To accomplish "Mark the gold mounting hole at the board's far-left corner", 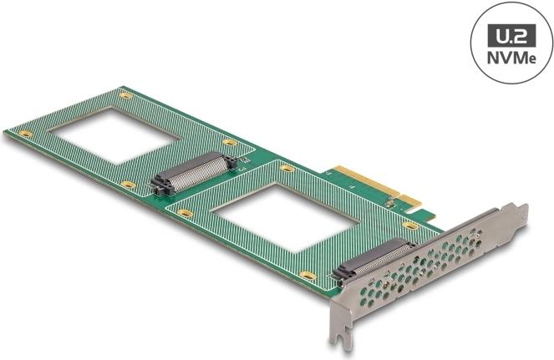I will (x=26, y=133).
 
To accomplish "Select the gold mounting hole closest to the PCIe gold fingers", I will (x=410, y=226).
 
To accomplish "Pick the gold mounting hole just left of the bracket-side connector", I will (x=307, y=276).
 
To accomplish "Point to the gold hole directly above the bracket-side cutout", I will (x=287, y=169).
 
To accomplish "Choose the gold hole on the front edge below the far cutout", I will (x=128, y=184).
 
